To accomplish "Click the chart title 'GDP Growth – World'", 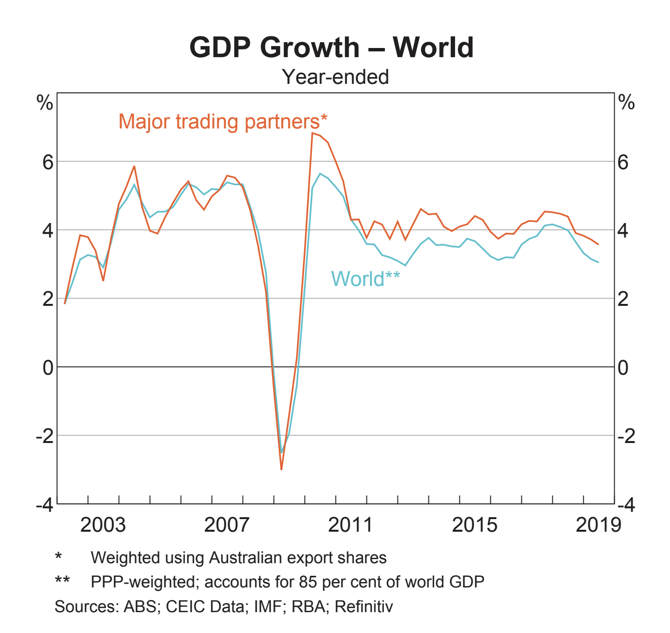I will [332, 47].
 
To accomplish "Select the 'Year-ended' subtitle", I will [335, 77].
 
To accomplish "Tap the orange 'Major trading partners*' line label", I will [223, 121].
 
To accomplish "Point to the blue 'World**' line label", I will [365, 279].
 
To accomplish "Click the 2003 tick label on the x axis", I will [103, 525].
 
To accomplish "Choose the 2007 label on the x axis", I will [227, 525].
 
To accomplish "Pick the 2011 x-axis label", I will [350, 525].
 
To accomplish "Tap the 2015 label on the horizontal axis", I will [474, 525].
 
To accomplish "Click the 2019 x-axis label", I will [598, 525].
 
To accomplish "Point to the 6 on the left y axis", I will [47, 162].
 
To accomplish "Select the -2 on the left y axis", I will [44, 436].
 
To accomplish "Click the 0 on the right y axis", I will [623, 367].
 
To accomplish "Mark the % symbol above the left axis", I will [45, 103].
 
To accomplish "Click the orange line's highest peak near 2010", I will [312, 133].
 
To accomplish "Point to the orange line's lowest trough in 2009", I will [281, 469].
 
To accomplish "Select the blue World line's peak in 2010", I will [320, 174].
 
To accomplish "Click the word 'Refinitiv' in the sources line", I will [364, 606].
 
